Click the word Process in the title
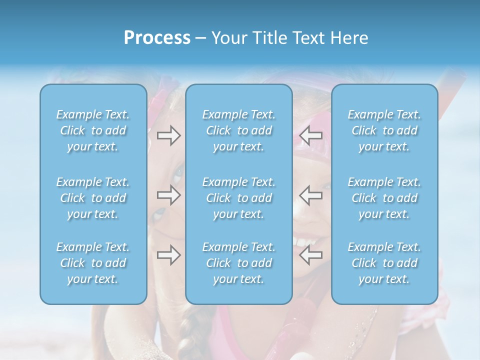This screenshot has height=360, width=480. click(157, 38)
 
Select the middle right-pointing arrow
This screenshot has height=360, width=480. click(168, 195)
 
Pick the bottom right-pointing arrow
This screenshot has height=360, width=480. click(168, 255)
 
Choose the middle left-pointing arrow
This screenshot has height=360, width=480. click(311, 195)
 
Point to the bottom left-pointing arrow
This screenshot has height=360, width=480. click(311, 255)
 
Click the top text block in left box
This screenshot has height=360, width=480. click(93, 130)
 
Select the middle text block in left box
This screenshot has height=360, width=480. click(93, 198)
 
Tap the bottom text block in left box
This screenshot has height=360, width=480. click(93, 263)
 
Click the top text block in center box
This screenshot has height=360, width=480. click(239, 130)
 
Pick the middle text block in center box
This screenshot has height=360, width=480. click(239, 198)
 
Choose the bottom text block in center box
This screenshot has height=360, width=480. click(239, 263)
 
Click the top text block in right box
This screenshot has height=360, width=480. click(384, 130)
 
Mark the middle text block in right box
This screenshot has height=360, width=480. click(384, 198)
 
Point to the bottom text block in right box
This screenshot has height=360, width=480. click(384, 263)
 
